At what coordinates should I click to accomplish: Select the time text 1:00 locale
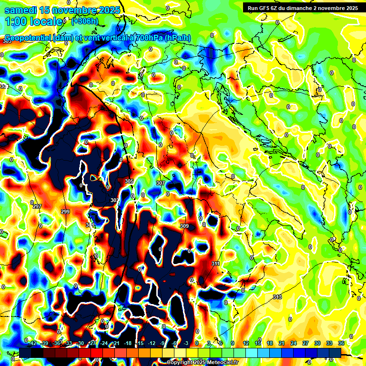[x=34, y=21]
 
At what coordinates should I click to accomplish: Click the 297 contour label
[x=38, y=206]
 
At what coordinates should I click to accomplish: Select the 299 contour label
[x=65, y=212]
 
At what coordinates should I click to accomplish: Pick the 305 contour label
[x=129, y=182]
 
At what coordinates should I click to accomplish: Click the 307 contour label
[x=161, y=183]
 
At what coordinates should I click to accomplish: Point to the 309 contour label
[x=184, y=226]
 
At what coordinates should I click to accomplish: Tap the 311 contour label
[x=215, y=264]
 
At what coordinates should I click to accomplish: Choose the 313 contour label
[x=277, y=297]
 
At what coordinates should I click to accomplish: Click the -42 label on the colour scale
[x=32, y=343]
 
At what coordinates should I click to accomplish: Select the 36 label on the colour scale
[x=341, y=343]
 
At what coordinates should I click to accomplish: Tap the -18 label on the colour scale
[x=128, y=343]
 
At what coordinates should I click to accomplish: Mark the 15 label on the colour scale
[x=258, y=343]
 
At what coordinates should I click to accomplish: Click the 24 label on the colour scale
[x=294, y=343]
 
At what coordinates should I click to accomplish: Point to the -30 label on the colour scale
[x=80, y=343]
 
